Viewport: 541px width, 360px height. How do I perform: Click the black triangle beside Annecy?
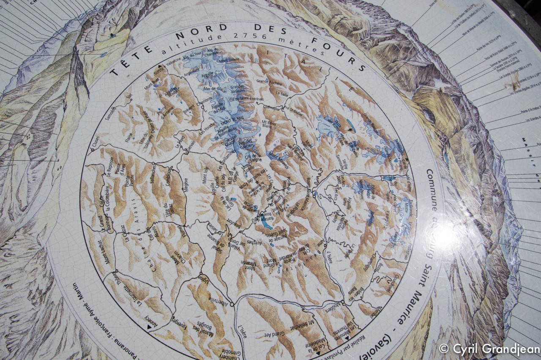coord(149,326)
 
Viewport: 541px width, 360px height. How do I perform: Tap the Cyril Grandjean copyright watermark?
coord(489,349)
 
